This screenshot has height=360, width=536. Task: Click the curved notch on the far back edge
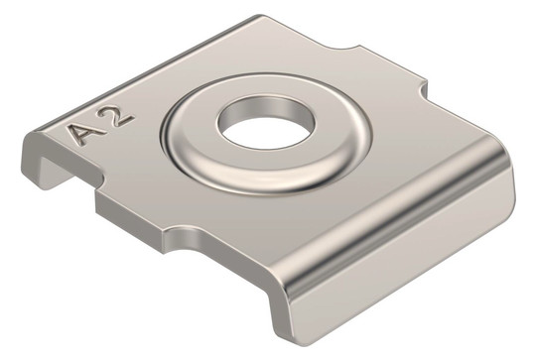tap(348, 49)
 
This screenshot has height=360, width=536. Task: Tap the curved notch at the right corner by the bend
tap(423, 89)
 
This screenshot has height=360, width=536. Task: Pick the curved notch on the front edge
tap(183, 237)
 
